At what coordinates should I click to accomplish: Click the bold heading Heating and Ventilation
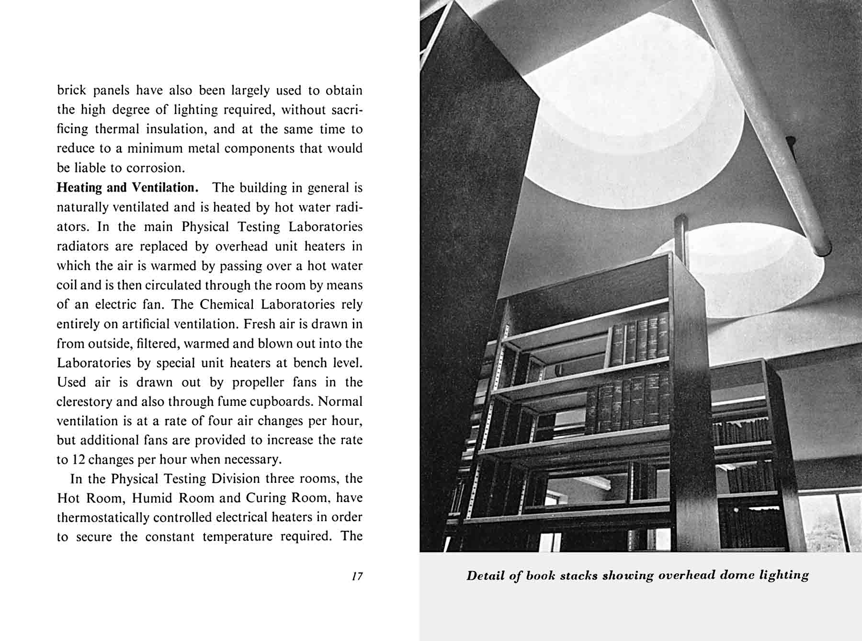coord(127,188)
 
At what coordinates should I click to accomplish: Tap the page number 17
coord(357,576)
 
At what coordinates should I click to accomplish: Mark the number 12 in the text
coord(78,460)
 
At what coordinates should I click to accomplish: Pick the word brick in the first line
coord(71,91)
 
